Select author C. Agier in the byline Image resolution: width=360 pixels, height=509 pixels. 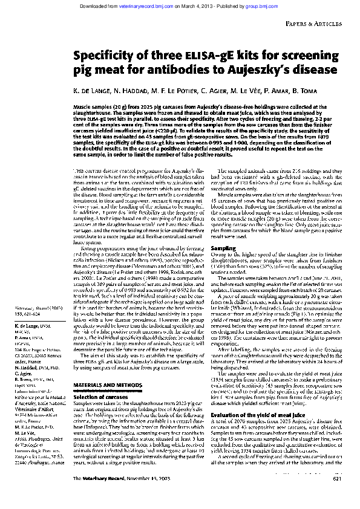211,89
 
